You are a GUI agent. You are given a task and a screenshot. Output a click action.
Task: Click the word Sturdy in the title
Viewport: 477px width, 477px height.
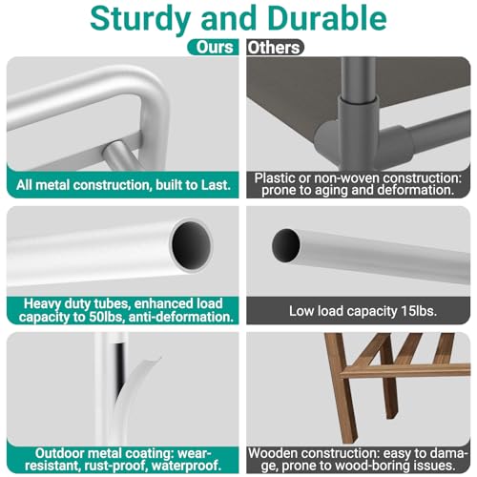140,19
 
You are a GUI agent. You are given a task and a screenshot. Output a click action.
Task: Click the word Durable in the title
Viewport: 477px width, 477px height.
327,18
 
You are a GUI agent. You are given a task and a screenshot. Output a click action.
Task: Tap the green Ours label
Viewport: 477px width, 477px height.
213,47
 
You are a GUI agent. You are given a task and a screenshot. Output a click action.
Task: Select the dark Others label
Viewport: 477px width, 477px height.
275,48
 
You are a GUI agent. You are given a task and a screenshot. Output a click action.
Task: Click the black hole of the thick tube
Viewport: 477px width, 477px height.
191,245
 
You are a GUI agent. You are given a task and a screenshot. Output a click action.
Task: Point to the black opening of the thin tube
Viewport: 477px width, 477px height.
285,245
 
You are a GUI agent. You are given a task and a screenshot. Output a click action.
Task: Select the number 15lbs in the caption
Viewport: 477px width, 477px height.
419,311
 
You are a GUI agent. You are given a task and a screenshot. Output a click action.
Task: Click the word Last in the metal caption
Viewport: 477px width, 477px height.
216,185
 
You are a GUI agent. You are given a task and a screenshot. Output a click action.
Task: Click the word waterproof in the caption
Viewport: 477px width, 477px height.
186,466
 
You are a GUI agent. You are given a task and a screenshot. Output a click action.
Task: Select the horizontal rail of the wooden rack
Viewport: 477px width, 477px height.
404,371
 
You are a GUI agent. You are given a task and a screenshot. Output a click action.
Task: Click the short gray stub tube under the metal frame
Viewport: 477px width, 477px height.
118,156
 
